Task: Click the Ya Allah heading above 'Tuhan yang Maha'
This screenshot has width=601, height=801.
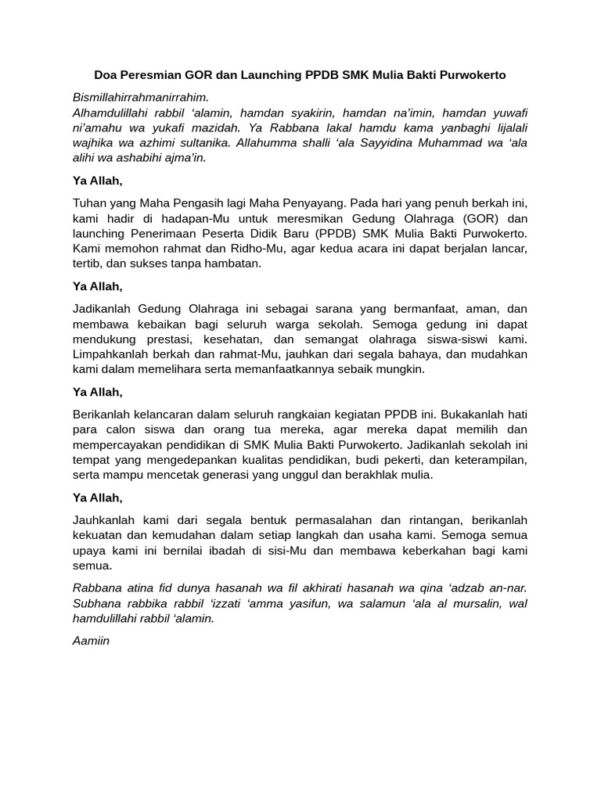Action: point(98,181)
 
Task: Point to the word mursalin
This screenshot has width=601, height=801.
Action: point(468,603)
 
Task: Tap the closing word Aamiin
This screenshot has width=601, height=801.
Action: point(91,641)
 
